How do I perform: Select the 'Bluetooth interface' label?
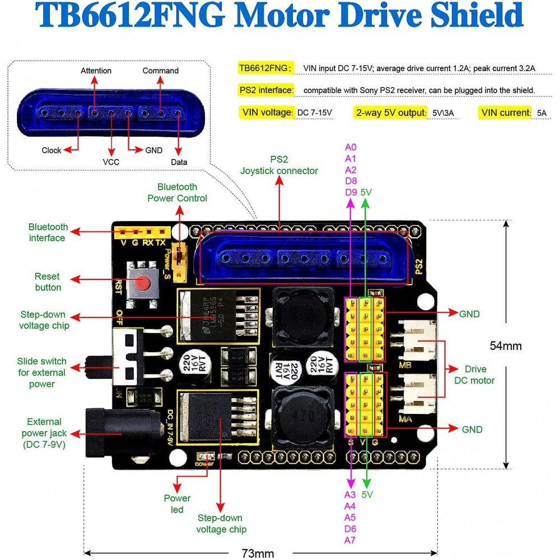[x=48, y=232]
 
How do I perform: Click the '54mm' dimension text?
[x=506, y=346]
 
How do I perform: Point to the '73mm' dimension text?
[x=258, y=553]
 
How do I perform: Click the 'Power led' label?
[x=177, y=503]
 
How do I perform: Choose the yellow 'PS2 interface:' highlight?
[x=266, y=90]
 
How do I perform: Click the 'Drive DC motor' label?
[x=479, y=375]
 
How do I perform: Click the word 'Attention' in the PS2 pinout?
[x=96, y=71]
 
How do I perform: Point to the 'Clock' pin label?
[x=52, y=150]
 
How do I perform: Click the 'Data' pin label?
[x=179, y=162]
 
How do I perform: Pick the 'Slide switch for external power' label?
[x=41, y=372]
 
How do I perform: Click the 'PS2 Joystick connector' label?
[x=279, y=165]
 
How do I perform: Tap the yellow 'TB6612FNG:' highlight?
[x=266, y=68]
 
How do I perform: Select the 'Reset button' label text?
[x=48, y=282]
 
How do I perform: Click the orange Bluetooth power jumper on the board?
[x=180, y=262]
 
